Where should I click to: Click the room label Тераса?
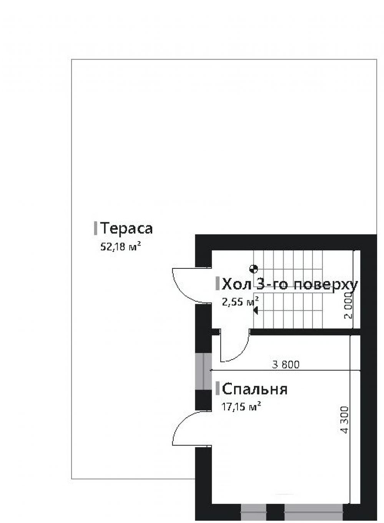click(126, 228)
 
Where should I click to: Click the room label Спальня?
click(255, 389)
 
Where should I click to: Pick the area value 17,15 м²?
click(241, 406)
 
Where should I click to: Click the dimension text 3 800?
click(285, 364)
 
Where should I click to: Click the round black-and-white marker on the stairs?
click(253, 269)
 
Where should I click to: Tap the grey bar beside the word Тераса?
click(95, 228)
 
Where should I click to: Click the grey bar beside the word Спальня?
click(218, 389)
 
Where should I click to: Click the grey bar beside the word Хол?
click(218, 284)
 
